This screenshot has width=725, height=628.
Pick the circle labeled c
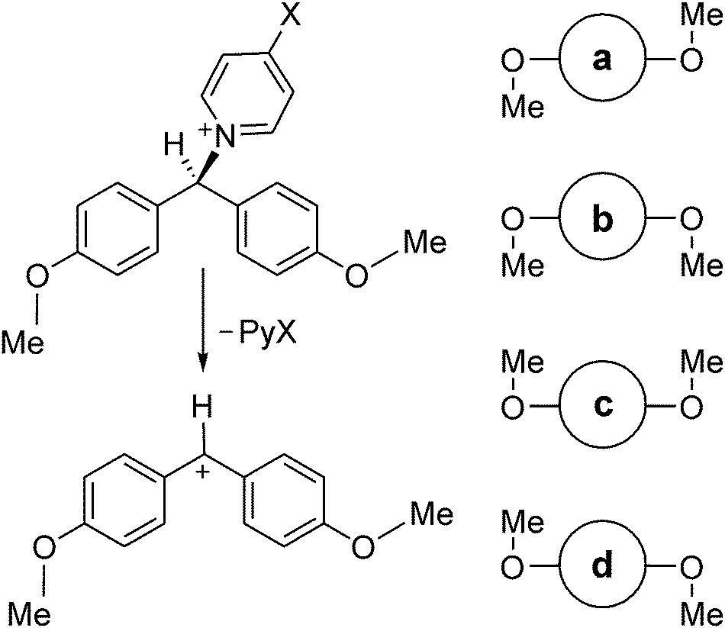[602, 406]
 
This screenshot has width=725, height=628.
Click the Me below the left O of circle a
[523, 106]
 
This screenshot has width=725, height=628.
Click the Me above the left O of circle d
[523, 524]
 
